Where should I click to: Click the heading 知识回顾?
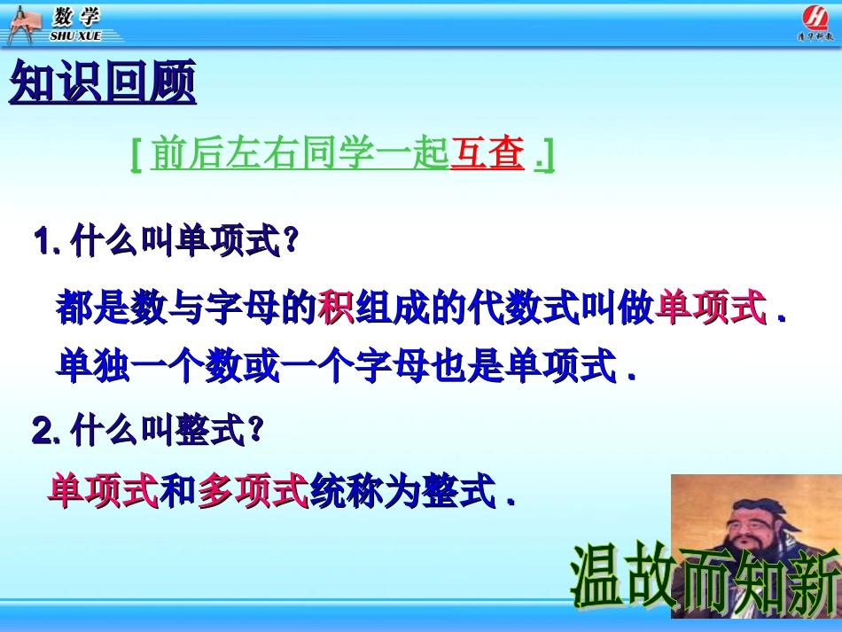pyautogui.click(x=102, y=84)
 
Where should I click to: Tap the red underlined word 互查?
pyautogui.click(x=487, y=154)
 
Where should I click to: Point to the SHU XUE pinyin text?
pyautogui.click(x=76, y=35)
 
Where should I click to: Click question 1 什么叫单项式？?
pyautogui.click(x=165, y=242)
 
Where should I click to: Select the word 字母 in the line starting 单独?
pyautogui.click(x=395, y=366)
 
